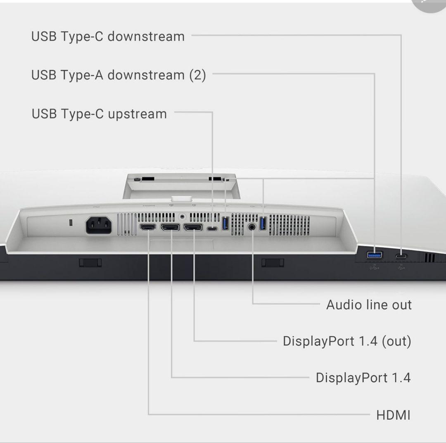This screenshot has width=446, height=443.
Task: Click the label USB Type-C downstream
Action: pos(108,36)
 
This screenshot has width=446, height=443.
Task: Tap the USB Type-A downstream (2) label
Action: pos(118,75)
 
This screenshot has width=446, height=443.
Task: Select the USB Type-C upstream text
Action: pos(99,114)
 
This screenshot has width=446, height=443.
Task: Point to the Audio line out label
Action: pos(369,305)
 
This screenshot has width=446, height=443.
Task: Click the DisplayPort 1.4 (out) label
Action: pos(347,341)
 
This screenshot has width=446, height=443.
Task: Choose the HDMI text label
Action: pos(393,415)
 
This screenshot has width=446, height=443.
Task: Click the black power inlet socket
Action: pos(99,226)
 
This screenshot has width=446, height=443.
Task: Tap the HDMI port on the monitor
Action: pos(147,227)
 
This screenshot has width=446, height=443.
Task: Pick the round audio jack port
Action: pos(252,227)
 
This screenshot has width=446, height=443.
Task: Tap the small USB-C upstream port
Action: pos(212,229)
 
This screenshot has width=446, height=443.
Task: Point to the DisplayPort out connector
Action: pos(193,227)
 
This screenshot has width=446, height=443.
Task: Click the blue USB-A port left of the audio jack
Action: pos(225,224)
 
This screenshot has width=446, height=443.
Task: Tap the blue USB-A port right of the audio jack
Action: pos(262,224)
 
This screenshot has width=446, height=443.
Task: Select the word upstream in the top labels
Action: pos(137,114)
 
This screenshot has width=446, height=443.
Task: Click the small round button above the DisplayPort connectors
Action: pos(182,215)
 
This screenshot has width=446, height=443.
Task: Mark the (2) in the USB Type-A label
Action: pos(197,75)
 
